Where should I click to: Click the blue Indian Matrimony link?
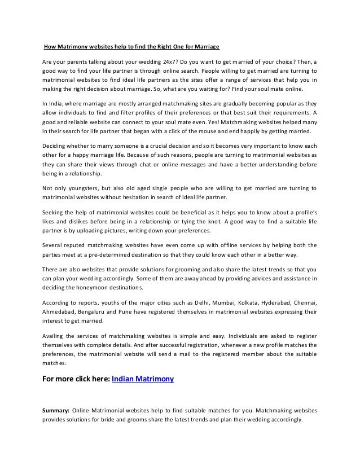(143, 379)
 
